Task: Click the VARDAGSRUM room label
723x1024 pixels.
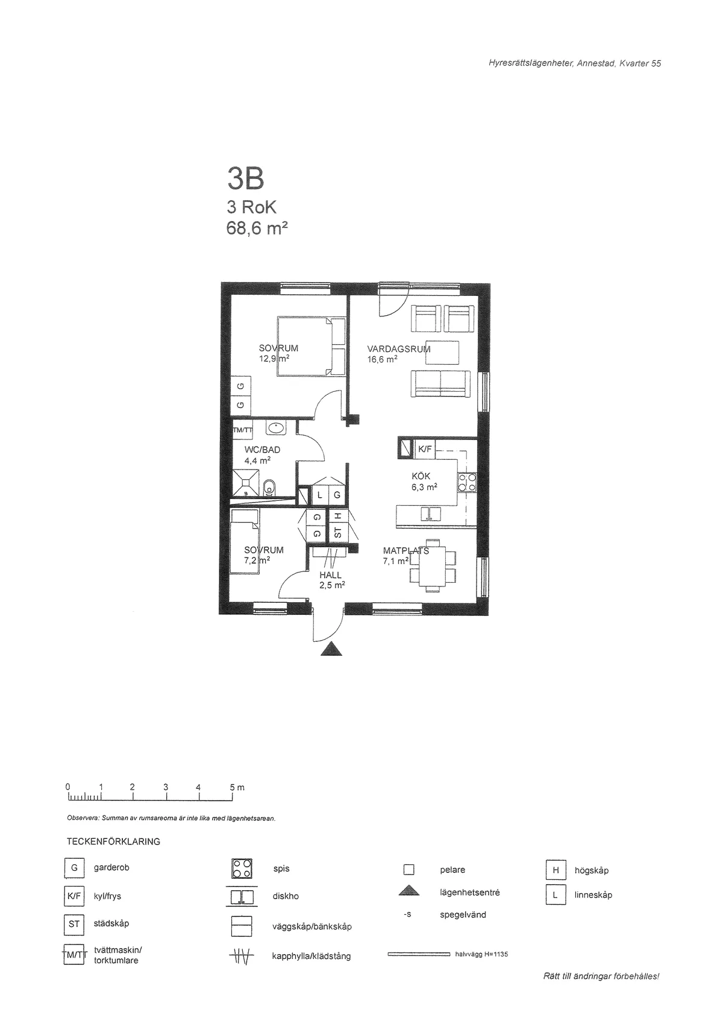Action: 398,348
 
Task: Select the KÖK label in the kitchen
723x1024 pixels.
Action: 421,476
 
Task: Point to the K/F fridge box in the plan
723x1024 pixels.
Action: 425,449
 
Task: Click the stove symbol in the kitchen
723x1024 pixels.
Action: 468,482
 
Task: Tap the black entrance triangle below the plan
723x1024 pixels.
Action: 331,649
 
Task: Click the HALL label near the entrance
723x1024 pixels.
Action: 331,575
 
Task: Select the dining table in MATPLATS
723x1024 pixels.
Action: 433,564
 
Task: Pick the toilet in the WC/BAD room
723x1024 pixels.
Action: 269,487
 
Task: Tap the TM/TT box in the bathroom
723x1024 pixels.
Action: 243,430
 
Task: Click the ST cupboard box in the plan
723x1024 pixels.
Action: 337,533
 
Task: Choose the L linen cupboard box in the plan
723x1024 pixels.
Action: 320,495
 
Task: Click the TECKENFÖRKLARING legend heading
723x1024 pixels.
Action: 114,841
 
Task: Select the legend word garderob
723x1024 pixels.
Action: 111,867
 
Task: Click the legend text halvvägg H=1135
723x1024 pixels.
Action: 481,954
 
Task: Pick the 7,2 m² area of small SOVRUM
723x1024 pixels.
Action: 257,560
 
